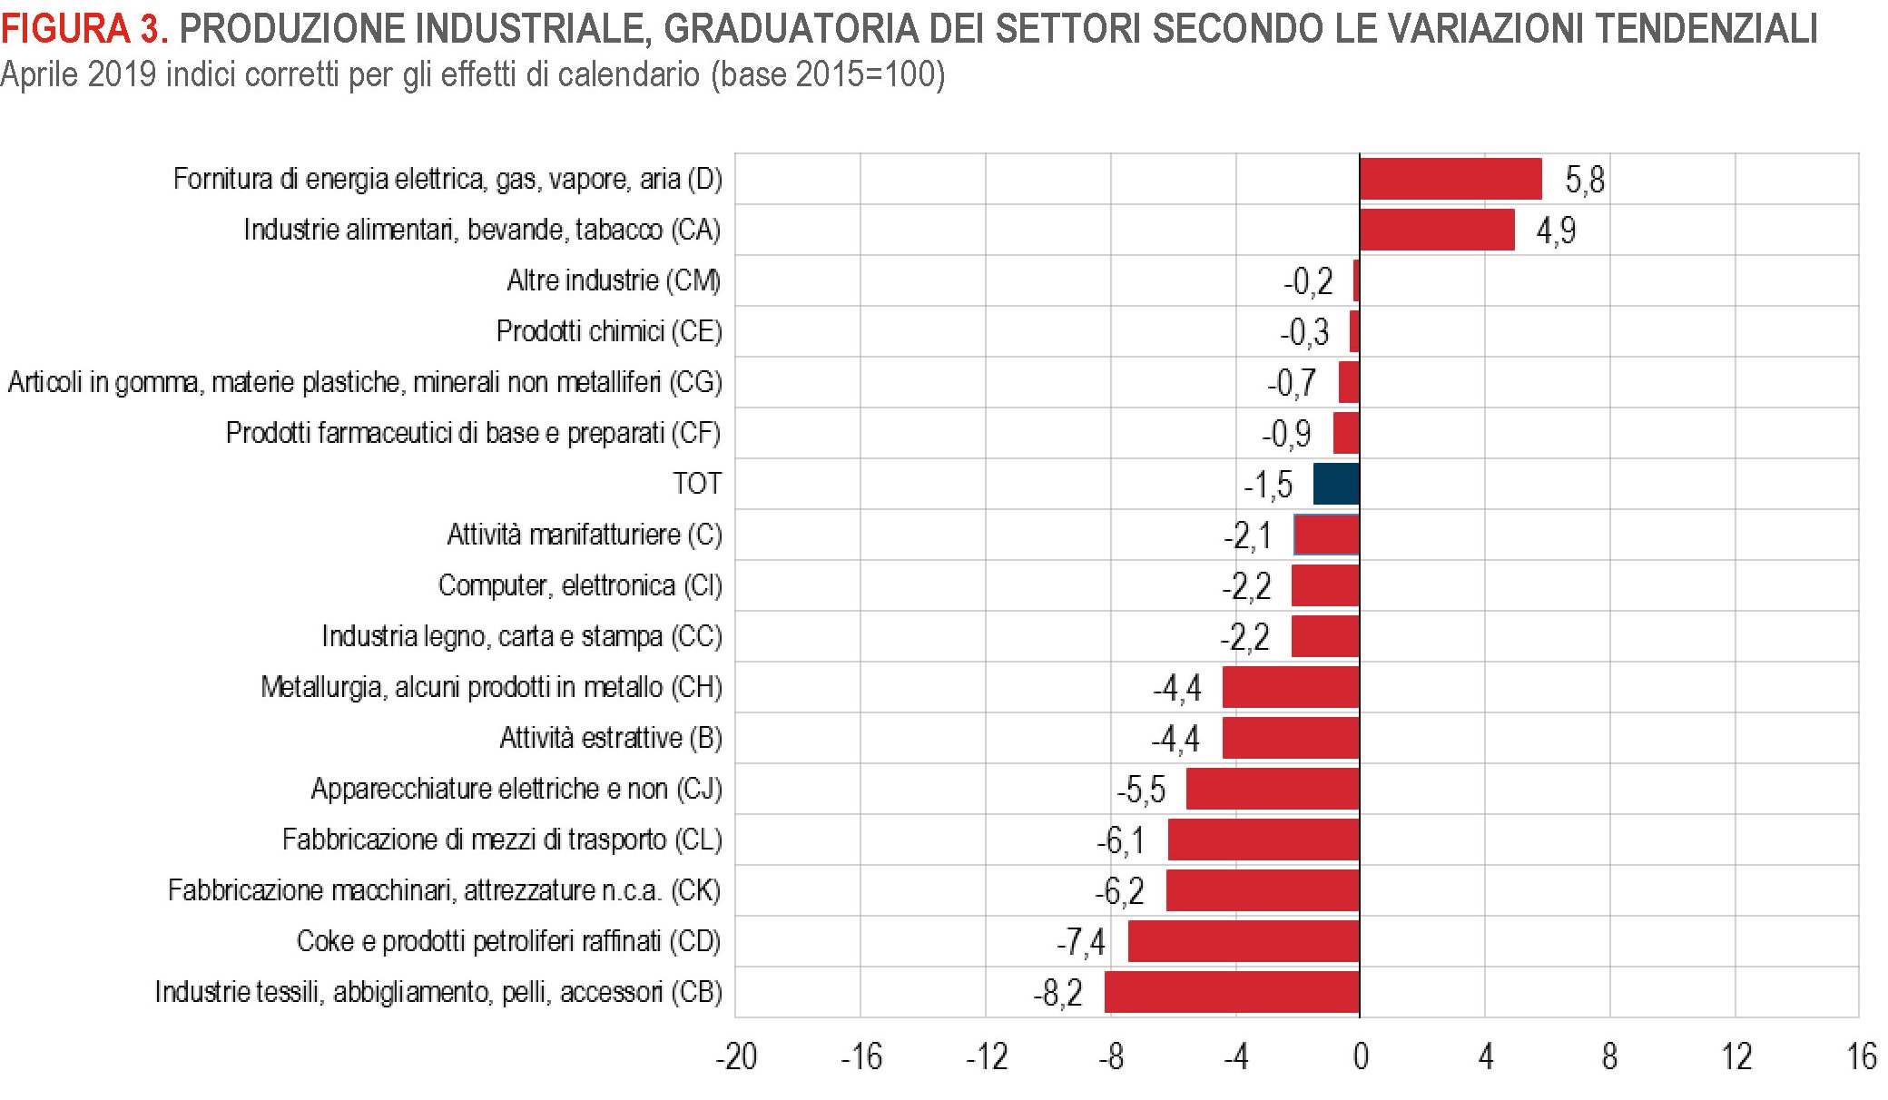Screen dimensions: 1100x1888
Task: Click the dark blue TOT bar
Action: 1336,484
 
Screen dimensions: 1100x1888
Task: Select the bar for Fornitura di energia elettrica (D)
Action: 1450,179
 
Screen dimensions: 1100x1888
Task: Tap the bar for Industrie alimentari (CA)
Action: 1436,230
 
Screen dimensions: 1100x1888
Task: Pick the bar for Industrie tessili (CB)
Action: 1232,992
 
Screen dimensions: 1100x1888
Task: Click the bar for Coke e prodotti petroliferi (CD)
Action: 1244,941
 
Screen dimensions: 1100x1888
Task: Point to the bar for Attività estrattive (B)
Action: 1291,738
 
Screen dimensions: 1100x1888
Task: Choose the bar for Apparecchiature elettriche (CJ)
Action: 1273,789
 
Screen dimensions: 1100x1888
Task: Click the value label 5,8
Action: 1585,180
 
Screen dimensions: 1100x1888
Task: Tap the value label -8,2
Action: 1058,993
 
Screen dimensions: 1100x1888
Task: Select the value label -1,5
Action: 1268,485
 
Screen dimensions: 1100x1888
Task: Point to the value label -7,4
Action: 1081,942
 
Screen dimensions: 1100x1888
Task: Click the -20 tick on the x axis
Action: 736,1057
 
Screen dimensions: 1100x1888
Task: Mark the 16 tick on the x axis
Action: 1861,1057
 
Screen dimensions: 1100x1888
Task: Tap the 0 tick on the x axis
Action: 1360,1057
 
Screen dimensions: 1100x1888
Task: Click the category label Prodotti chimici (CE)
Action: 609,331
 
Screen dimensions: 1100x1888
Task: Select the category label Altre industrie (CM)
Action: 614,280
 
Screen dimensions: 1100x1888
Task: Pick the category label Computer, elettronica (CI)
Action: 580,585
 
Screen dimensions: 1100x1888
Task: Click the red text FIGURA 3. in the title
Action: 84,29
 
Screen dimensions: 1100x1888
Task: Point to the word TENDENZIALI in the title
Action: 1706,29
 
